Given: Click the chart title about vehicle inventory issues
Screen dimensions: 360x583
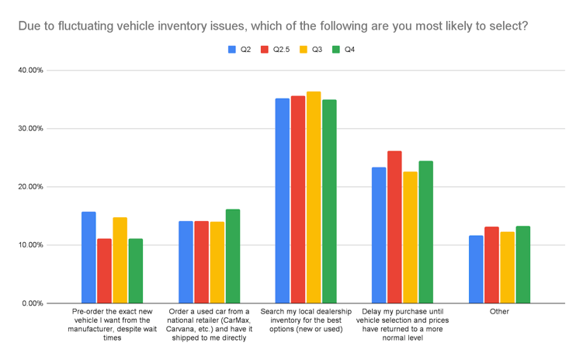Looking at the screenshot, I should pyautogui.click(x=274, y=26).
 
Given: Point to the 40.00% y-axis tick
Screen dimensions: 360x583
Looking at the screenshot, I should pyautogui.click(x=30, y=71).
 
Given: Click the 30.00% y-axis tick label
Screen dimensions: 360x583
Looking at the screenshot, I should pyautogui.click(x=30, y=129).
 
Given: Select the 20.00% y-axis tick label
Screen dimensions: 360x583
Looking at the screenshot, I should pyautogui.click(x=30, y=187).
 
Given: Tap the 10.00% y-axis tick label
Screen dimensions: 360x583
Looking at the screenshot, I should pyautogui.click(x=30, y=245).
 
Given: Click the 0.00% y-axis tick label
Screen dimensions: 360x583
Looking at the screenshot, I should pyautogui.click(x=32, y=303).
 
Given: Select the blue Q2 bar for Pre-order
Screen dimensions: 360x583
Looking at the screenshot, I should pyautogui.click(x=89, y=258).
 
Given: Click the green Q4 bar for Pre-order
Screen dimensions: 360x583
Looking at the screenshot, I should pyautogui.click(x=135, y=271).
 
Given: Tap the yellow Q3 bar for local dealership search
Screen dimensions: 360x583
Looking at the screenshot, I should pyautogui.click(x=314, y=197).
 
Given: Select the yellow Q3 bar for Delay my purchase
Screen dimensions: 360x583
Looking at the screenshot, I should pyautogui.click(x=411, y=237).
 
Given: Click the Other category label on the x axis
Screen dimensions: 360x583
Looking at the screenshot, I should pyautogui.click(x=499, y=311).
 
